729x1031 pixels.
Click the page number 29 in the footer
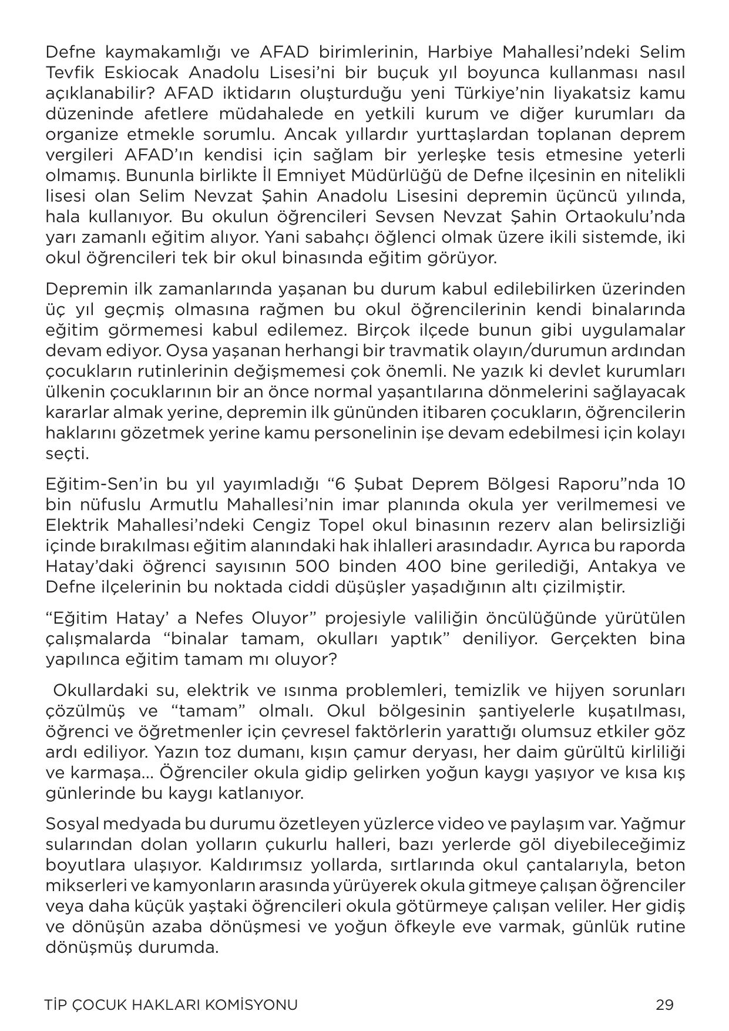pos(664,1005)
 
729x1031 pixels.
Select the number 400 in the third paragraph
pos(427,567)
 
